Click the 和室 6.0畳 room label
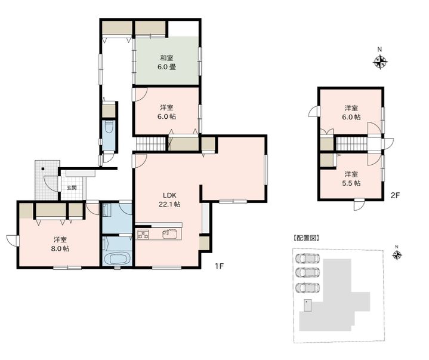(x=166, y=63)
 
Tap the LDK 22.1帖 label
(x=169, y=200)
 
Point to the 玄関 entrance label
(x=72, y=188)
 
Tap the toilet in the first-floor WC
(x=109, y=128)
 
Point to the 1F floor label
(x=219, y=266)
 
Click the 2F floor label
(x=395, y=195)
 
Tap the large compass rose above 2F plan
(x=380, y=62)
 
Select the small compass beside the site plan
(x=397, y=255)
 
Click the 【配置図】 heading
(x=306, y=238)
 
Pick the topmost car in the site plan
(x=307, y=258)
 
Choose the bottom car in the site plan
(x=307, y=287)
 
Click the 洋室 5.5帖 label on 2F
(x=351, y=179)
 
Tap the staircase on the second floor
(x=351, y=143)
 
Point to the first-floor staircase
(x=152, y=143)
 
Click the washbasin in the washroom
(x=106, y=210)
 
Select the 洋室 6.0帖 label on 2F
(x=351, y=112)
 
